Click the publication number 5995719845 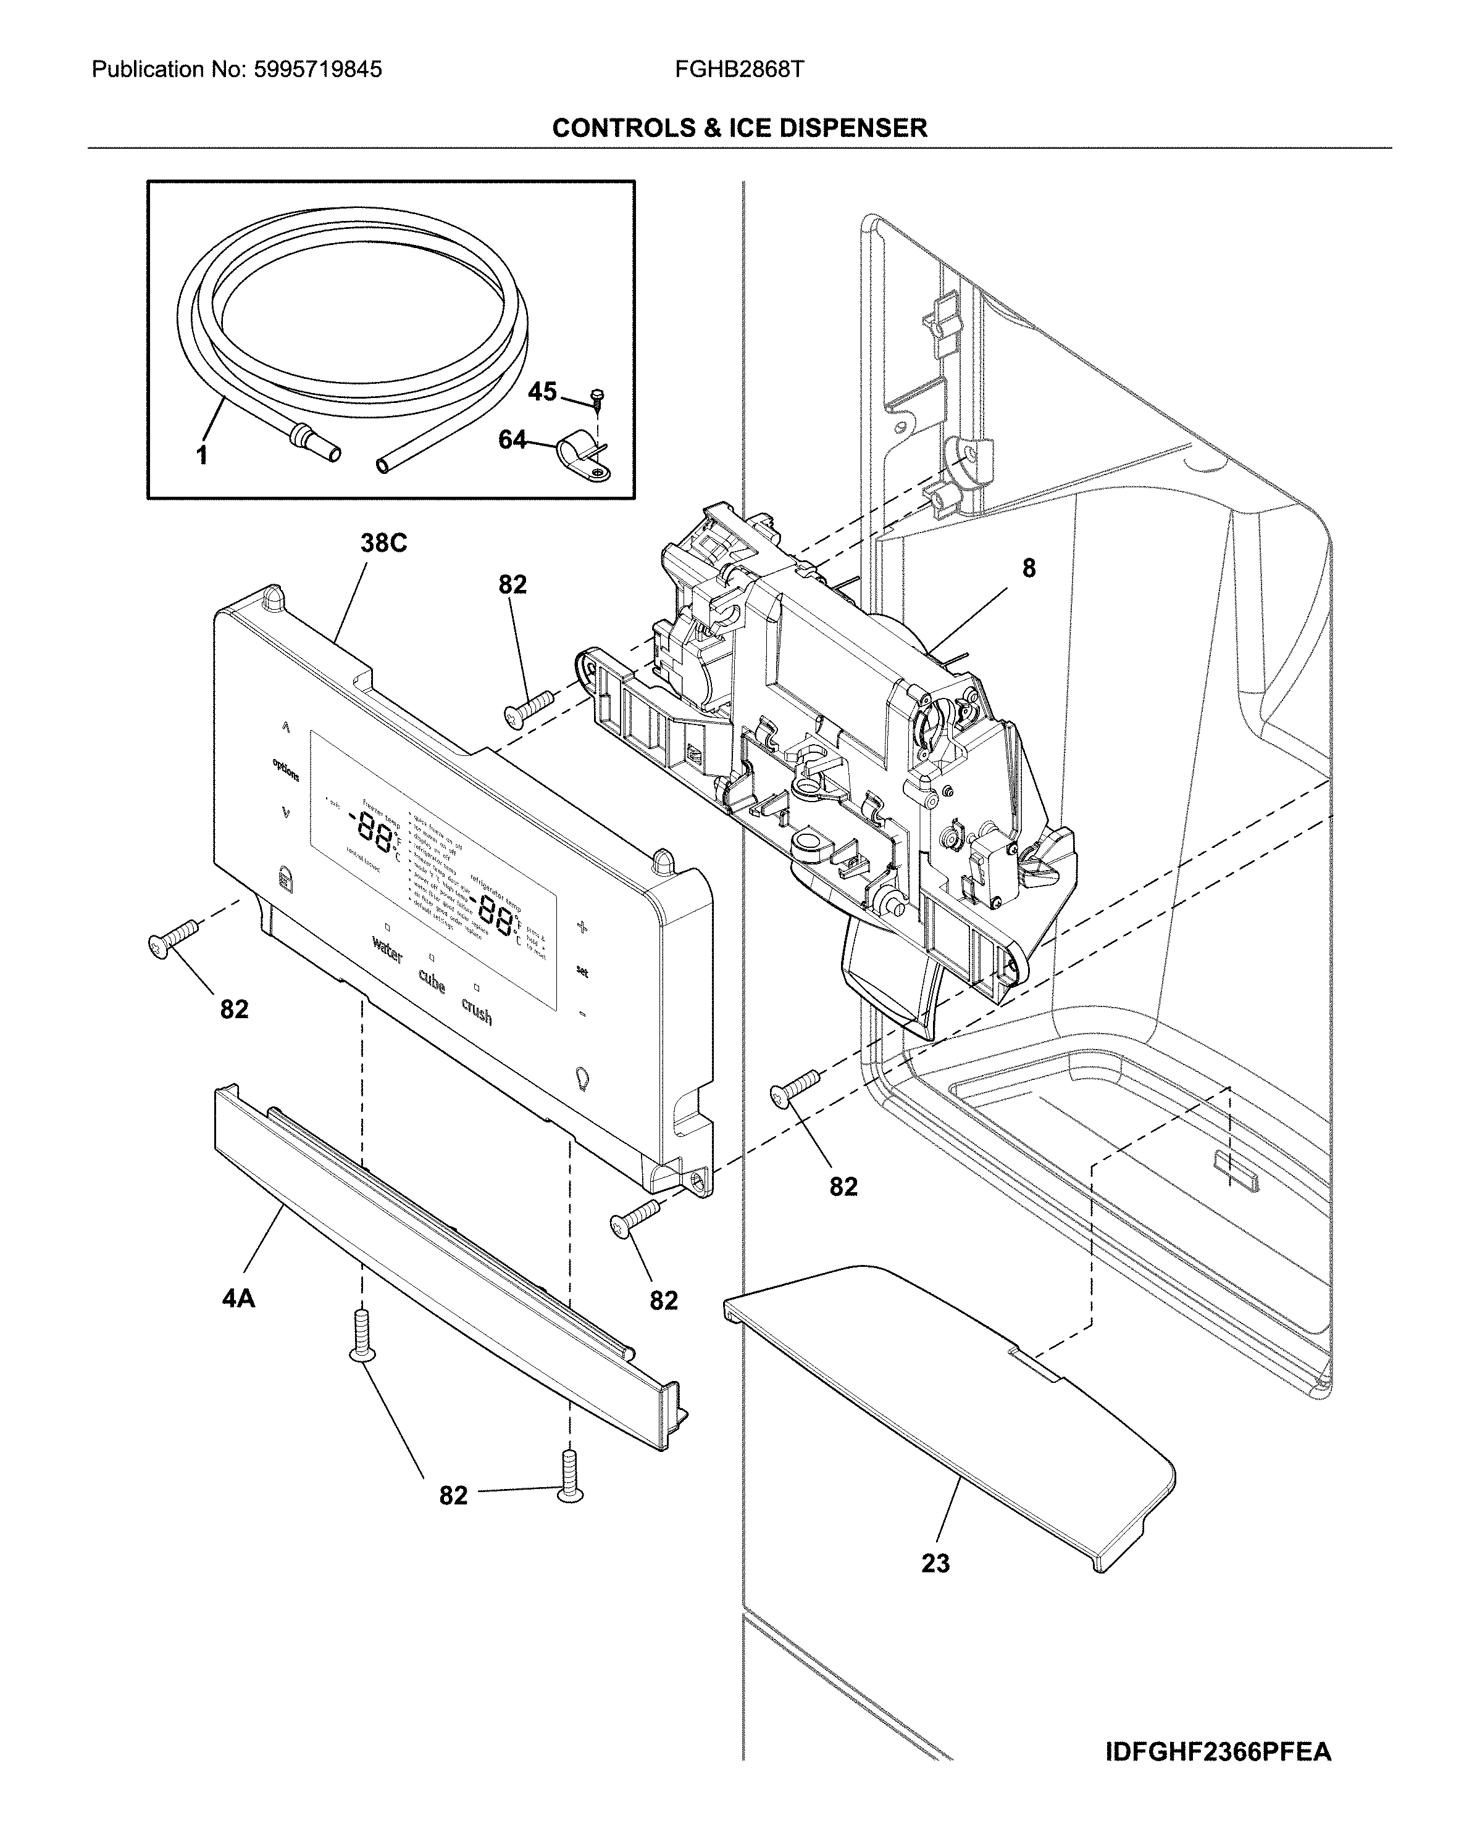pyautogui.click(x=317, y=70)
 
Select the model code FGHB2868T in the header pyautogui.click(x=739, y=70)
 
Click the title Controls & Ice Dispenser pyautogui.click(x=739, y=128)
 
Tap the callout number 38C pyautogui.click(x=383, y=543)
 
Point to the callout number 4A pyautogui.click(x=238, y=1298)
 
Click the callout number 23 pyautogui.click(x=935, y=1564)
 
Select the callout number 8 pyautogui.click(x=1029, y=568)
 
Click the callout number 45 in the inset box pyautogui.click(x=542, y=392)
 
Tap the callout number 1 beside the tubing pyautogui.click(x=201, y=457)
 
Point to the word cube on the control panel pyautogui.click(x=431, y=982)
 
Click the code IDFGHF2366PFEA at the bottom pyautogui.click(x=1218, y=1752)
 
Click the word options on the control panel pyautogui.click(x=285, y=769)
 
